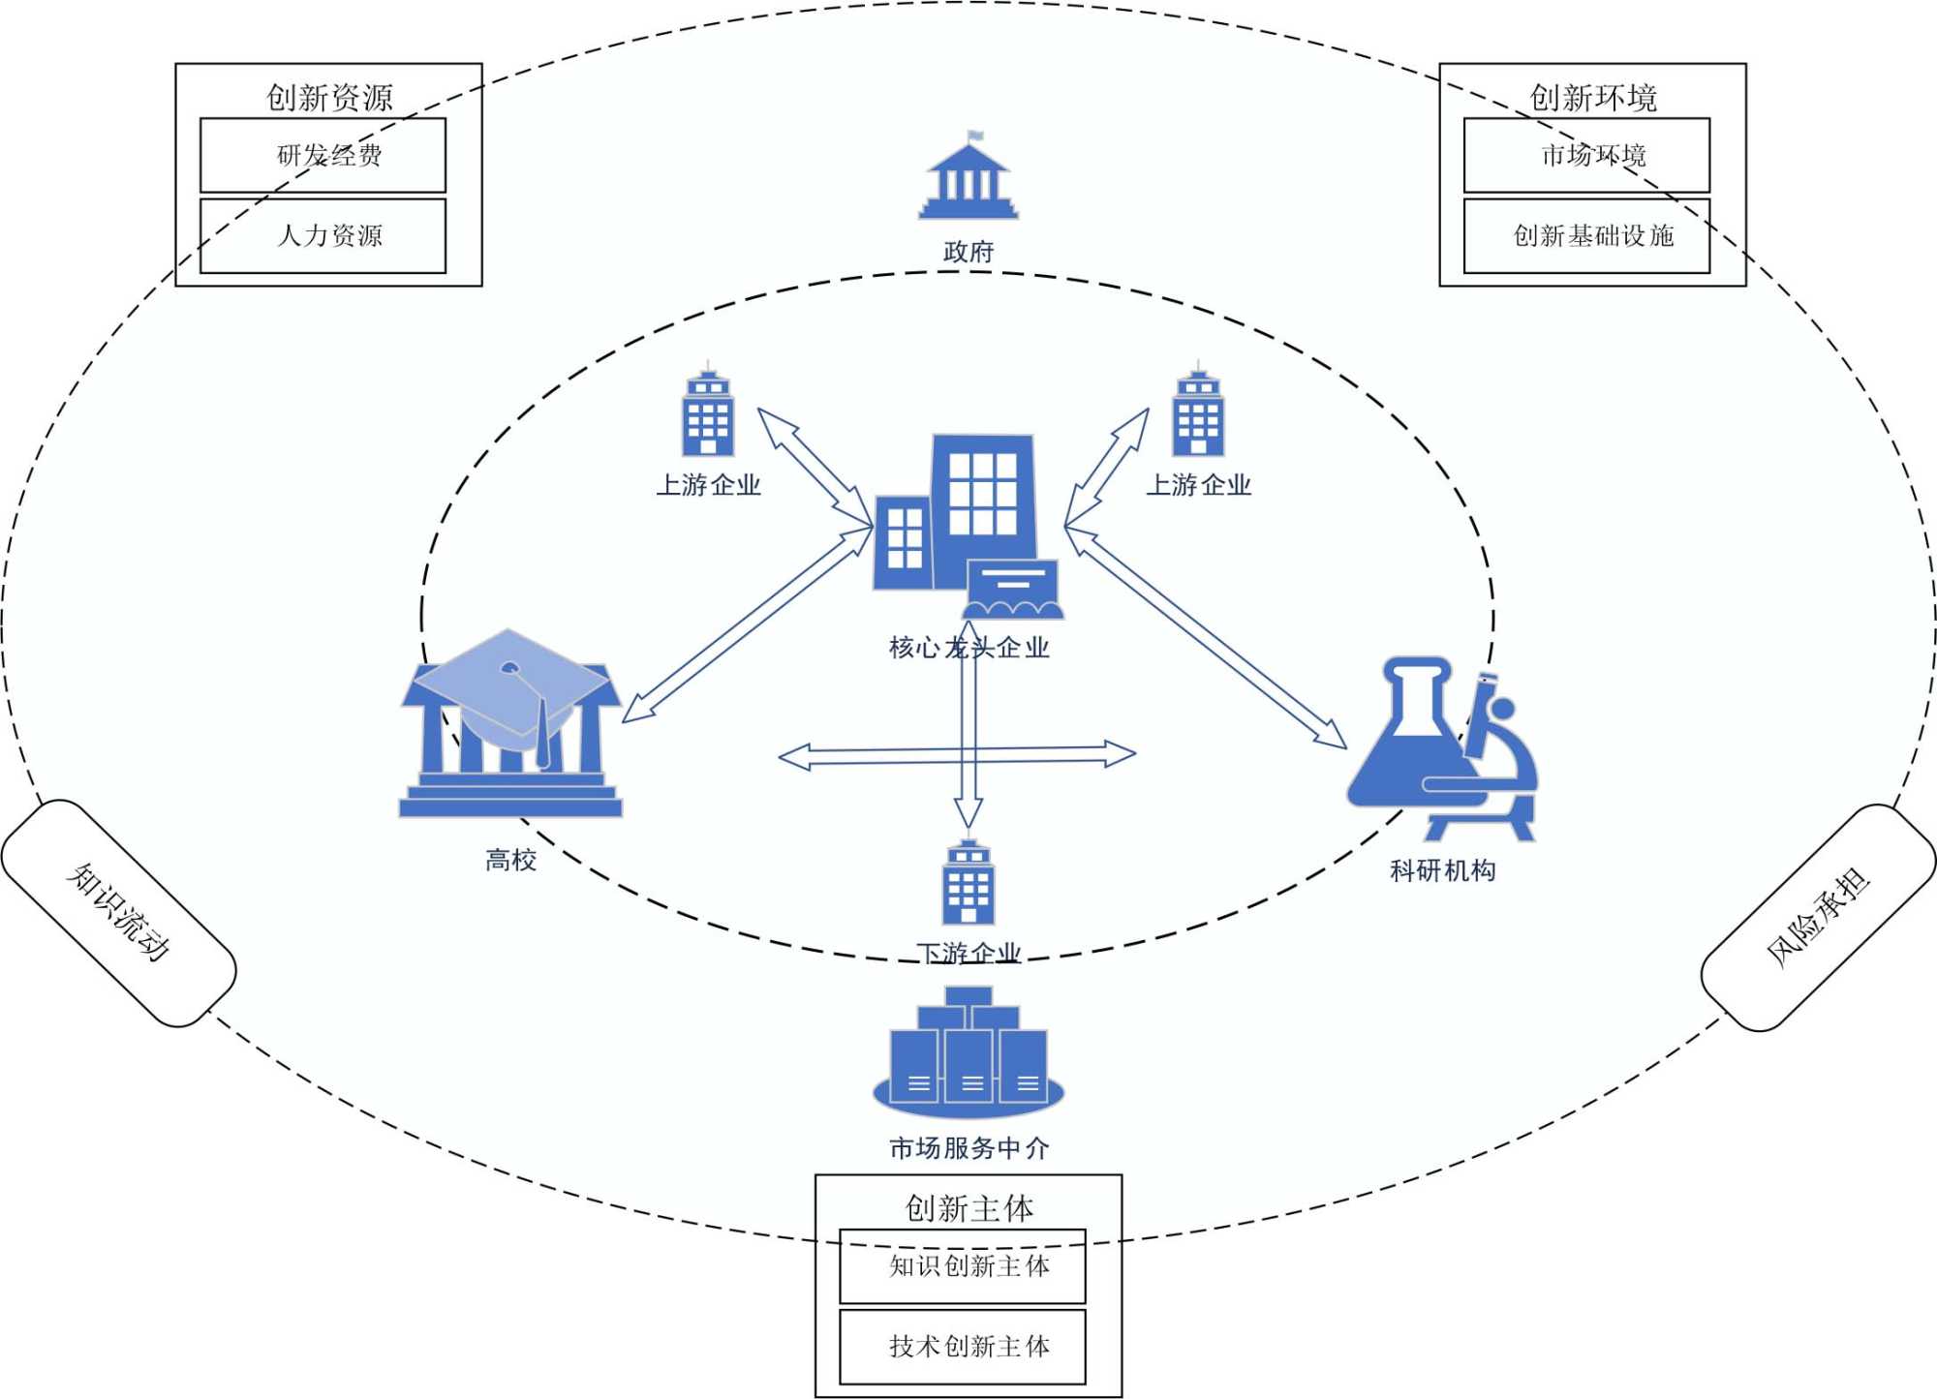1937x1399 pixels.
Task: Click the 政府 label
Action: [x=968, y=252]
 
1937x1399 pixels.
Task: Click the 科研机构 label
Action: [x=1442, y=870]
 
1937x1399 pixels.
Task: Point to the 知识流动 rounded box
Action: [x=118, y=912]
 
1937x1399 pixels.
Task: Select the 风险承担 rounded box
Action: [x=1818, y=916]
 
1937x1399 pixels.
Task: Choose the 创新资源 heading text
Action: [x=329, y=97]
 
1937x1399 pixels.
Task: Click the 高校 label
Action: [x=510, y=860]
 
